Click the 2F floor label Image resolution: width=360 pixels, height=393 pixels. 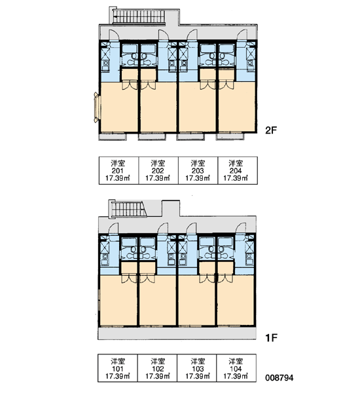click(271, 130)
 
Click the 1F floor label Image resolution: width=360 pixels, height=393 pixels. click(272, 338)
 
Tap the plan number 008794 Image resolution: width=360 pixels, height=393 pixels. click(279, 377)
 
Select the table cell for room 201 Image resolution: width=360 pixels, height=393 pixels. click(118, 170)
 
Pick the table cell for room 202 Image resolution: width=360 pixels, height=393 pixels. click(158, 170)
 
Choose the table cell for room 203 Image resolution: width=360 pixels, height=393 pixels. click(198, 170)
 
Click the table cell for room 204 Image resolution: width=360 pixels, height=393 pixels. click(238, 170)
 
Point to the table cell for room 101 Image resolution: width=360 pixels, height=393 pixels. click(118, 367)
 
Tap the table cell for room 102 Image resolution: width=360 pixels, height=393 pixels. click(157, 367)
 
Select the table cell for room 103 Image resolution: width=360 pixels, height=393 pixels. click(196, 367)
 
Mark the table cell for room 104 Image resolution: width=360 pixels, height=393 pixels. click(236, 367)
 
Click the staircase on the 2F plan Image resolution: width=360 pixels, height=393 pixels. click(139, 16)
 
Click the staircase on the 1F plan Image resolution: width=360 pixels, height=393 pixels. click(129, 209)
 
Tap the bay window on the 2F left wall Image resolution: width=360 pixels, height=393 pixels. click(98, 107)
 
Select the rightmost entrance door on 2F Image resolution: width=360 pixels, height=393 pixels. click(242, 35)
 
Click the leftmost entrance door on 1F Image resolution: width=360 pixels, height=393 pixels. click(113, 228)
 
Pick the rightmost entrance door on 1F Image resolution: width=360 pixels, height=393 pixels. click(240, 228)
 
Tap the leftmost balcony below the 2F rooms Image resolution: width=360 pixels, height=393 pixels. click(113, 137)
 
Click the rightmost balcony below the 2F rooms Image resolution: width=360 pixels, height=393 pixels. click(230, 137)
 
